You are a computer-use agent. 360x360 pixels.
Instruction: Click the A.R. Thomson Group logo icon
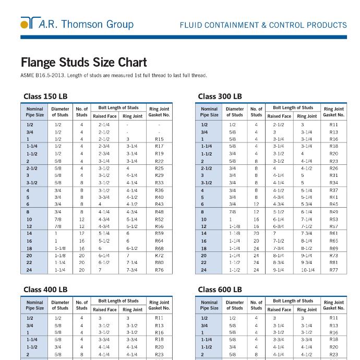(x=29, y=23)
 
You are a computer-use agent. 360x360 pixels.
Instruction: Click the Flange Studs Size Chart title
(x=83, y=63)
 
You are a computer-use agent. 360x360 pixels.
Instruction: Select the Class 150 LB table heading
(x=46, y=97)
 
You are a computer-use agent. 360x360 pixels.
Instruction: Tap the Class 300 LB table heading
(x=220, y=97)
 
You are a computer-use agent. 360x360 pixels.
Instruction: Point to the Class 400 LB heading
(x=45, y=290)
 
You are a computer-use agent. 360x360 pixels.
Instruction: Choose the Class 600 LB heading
(x=220, y=290)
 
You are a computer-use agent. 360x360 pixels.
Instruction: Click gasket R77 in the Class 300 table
(x=334, y=270)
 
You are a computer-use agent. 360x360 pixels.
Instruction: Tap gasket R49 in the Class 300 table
(x=334, y=212)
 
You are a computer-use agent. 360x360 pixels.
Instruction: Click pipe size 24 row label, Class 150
(x=29, y=270)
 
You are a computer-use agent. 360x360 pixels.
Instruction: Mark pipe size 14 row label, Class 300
(x=204, y=234)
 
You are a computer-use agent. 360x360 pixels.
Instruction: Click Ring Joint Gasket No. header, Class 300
(x=334, y=112)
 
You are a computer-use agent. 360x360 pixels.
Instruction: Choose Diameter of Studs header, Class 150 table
(x=60, y=112)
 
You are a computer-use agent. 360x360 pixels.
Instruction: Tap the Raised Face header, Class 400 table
(x=104, y=309)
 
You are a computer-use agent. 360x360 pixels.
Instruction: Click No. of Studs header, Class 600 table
(x=256, y=305)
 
